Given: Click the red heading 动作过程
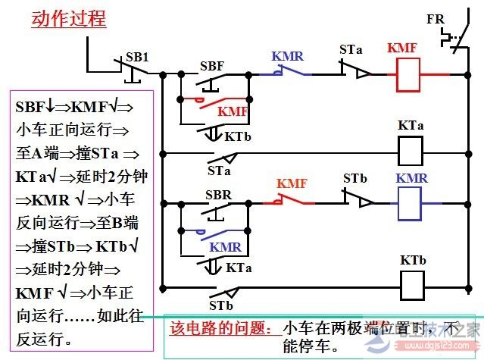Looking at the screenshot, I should pos(68,19).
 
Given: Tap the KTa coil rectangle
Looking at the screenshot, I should pos(411,151).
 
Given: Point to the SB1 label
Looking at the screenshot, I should pos(137,58).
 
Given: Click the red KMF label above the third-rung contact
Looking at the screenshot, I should pos(292,183).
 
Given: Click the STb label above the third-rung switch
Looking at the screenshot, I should pos(354,179).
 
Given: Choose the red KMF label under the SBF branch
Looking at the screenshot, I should pos(233,111).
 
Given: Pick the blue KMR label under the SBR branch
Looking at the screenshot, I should pos(226,247).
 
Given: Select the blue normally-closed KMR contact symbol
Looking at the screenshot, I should pos(283,73).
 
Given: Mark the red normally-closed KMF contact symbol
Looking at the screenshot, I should pos(288,202).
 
